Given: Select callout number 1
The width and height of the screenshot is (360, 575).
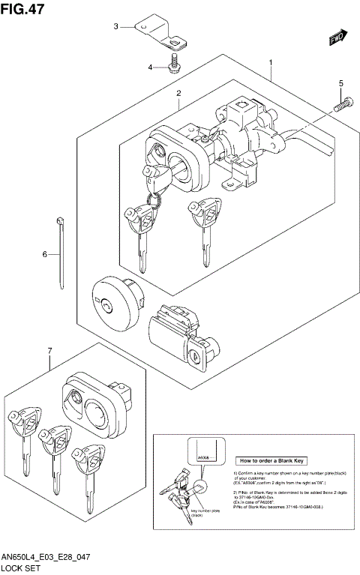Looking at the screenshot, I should point(270,64).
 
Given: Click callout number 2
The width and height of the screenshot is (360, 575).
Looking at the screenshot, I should point(179,94).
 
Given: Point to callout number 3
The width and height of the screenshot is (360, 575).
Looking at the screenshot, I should point(116,26).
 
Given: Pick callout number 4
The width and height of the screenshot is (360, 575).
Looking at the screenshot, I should point(150,67).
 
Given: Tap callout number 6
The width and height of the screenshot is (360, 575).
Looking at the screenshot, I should point(44,255).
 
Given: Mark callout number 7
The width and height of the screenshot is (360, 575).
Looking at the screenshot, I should point(49,351).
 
